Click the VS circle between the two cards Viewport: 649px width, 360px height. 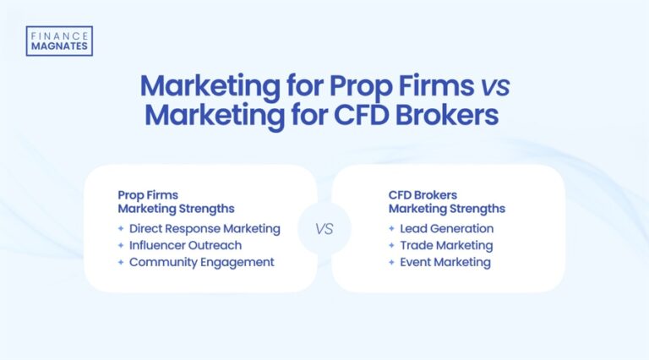tap(324, 228)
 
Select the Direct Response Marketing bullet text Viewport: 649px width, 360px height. tap(205, 228)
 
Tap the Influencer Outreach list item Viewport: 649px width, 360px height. tap(185, 245)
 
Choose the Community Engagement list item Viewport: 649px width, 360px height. tap(202, 262)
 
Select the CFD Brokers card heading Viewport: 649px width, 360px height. tap(446, 201)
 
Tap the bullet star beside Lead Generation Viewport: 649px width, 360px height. tap(392, 228)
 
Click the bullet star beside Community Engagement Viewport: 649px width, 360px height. tap(122, 262)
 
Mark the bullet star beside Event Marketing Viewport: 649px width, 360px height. tap(392, 262)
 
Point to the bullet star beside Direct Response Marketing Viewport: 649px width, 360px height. tap(122, 228)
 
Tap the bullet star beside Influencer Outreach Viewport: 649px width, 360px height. tap(122, 245)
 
